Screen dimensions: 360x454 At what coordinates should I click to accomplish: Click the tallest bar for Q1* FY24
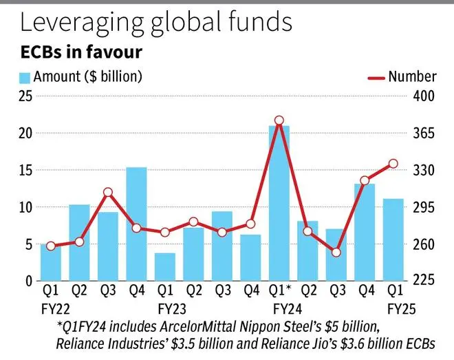279,203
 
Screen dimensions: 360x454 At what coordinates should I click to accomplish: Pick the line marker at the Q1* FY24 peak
279,120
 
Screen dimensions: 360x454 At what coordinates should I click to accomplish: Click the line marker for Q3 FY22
108,193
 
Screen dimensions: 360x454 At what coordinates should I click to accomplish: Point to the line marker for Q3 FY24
336,253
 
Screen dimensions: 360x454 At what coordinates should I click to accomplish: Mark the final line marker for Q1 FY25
393,163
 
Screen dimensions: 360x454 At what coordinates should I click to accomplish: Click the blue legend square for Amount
25,77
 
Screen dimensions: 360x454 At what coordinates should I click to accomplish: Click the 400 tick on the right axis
424,96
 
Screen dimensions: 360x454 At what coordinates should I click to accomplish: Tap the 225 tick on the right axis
424,281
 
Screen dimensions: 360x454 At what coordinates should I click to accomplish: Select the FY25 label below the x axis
398,309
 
